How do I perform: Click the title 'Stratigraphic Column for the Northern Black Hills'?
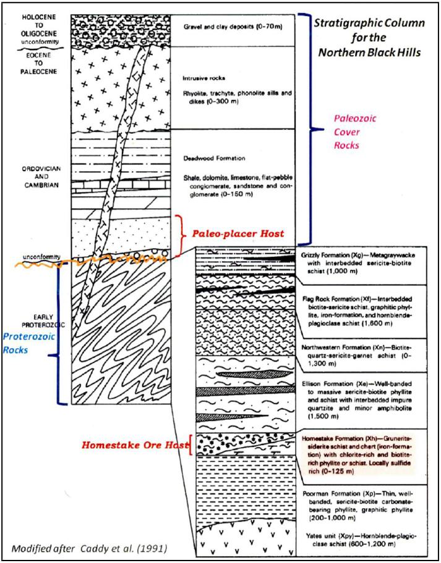369,37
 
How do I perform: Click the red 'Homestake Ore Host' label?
135,445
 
